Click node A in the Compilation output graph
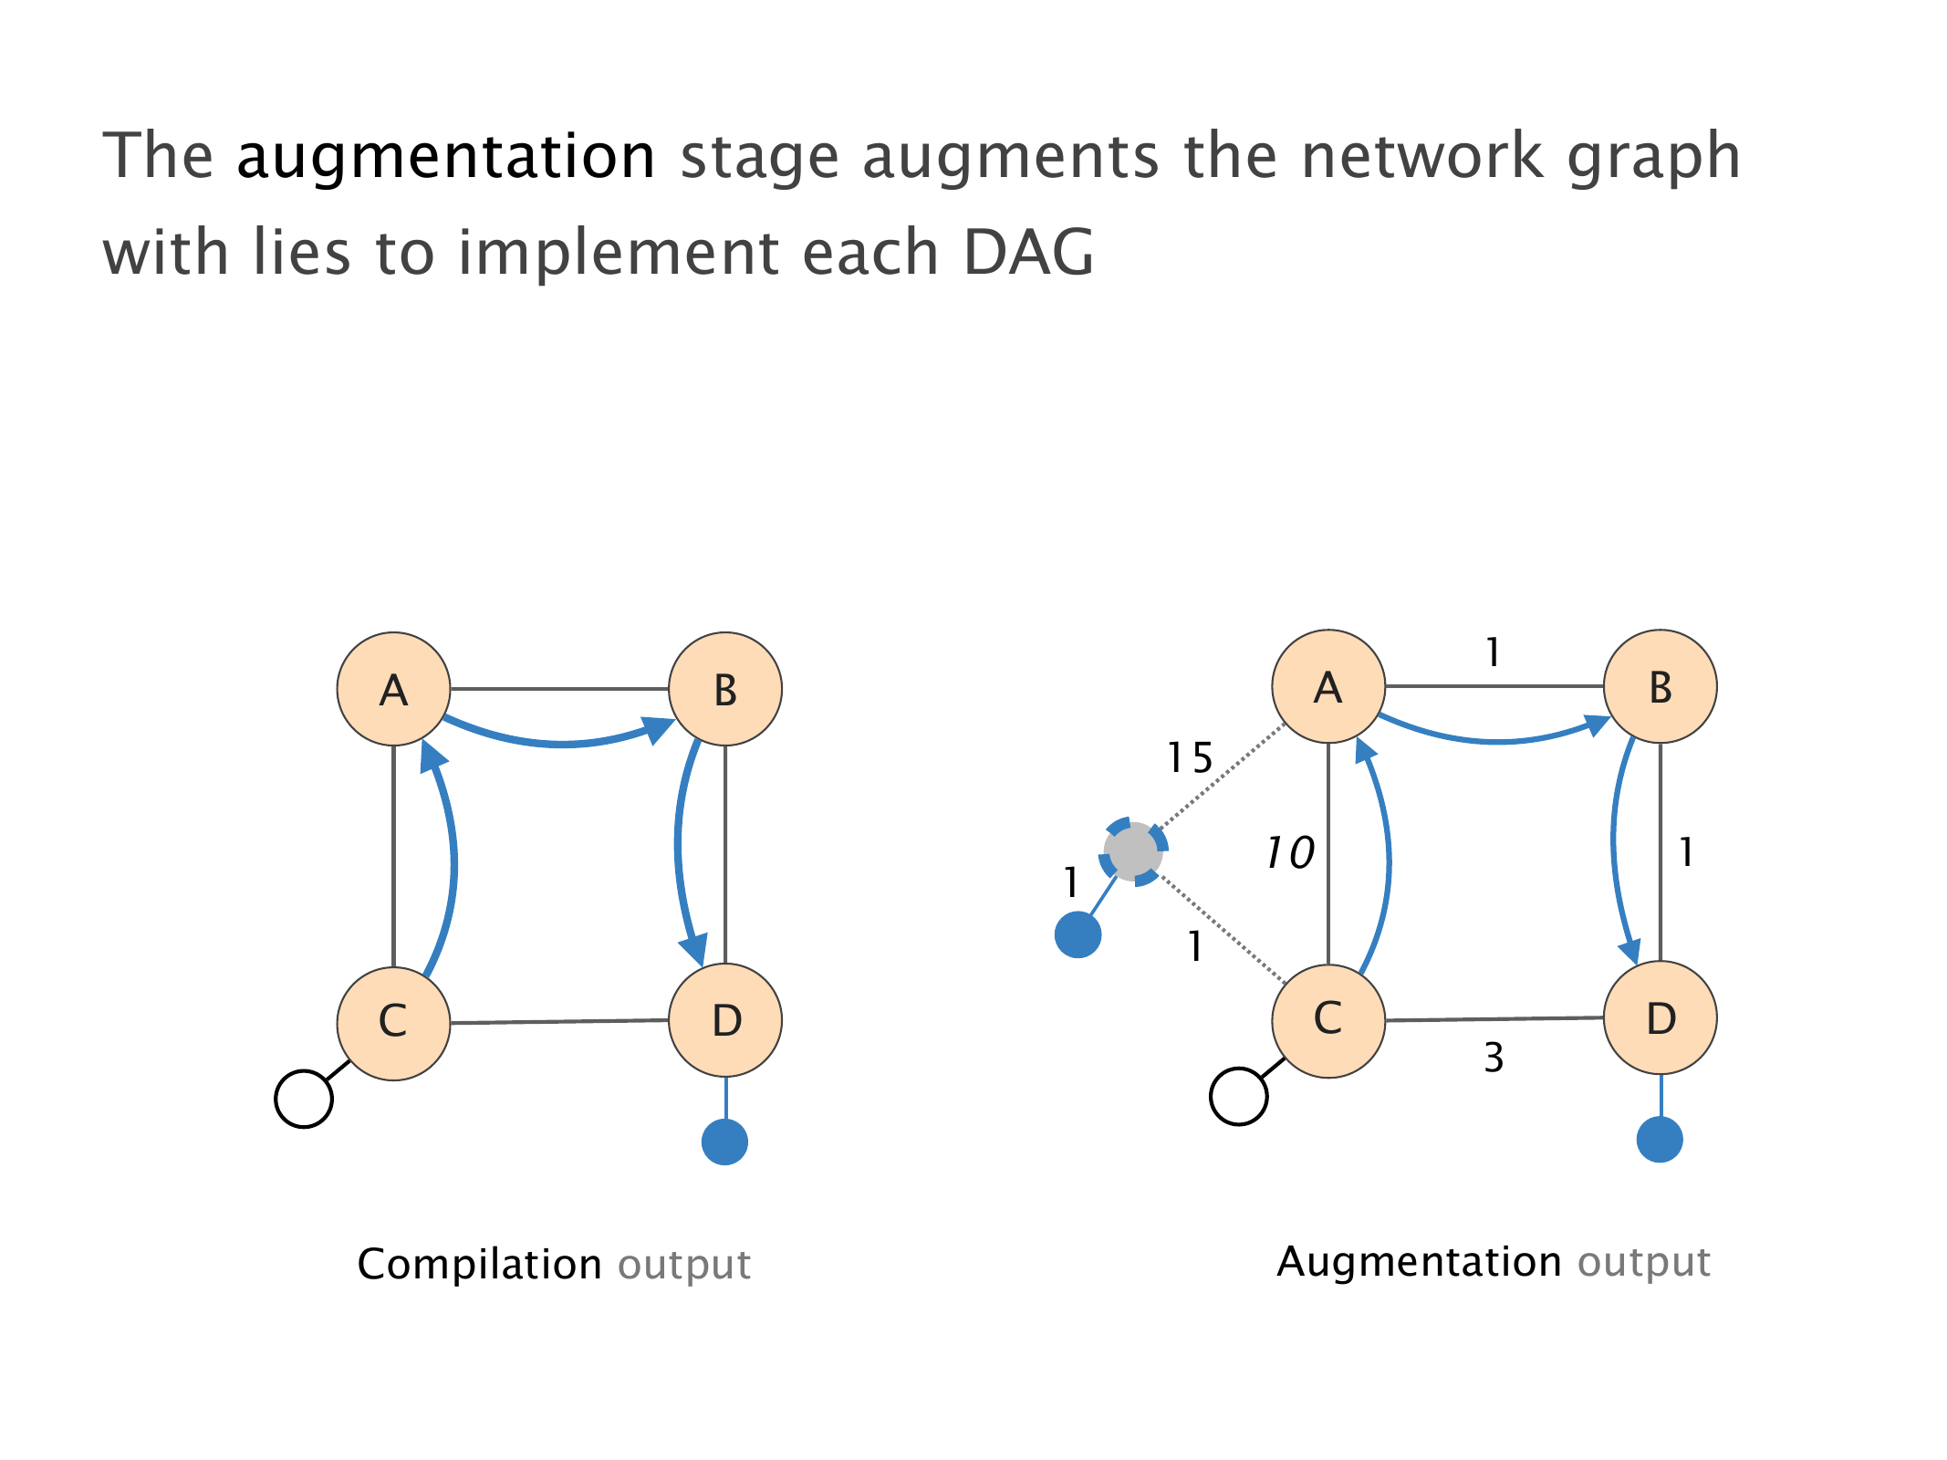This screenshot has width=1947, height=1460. (393, 689)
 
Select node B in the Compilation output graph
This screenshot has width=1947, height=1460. (725, 689)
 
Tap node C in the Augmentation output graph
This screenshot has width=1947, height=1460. (1328, 1019)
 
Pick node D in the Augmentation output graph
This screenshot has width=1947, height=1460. (1661, 1018)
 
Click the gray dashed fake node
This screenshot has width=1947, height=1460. (1133, 851)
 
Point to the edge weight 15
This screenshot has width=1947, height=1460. (1190, 758)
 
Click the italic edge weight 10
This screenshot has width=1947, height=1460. (1289, 853)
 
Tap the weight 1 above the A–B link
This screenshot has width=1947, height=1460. (1493, 652)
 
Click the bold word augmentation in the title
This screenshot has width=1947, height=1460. (445, 156)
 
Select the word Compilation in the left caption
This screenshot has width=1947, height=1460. (479, 1265)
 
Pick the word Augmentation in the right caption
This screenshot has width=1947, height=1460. (1419, 1262)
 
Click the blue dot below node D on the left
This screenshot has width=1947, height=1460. (725, 1142)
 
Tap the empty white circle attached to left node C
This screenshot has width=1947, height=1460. (304, 1099)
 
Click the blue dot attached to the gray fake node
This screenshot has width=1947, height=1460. (1078, 934)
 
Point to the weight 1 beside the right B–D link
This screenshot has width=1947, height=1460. (1686, 853)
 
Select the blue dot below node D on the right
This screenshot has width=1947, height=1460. (1660, 1139)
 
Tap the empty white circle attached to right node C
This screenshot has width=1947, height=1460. (1238, 1096)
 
